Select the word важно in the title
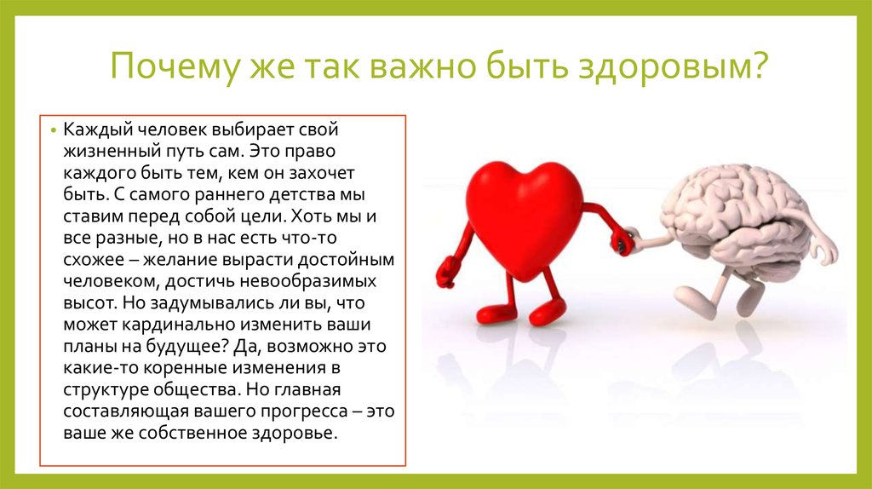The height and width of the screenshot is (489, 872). click(422, 66)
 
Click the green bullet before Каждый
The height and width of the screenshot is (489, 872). click(54, 130)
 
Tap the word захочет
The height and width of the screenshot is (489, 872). click(321, 173)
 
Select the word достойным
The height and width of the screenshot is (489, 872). click(347, 260)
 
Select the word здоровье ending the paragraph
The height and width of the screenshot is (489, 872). click(294, 434)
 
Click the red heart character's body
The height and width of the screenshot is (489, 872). click(524, 217)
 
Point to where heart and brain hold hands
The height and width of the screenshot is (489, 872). click(629, 239)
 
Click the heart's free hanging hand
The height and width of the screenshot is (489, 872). click(447, 272)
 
